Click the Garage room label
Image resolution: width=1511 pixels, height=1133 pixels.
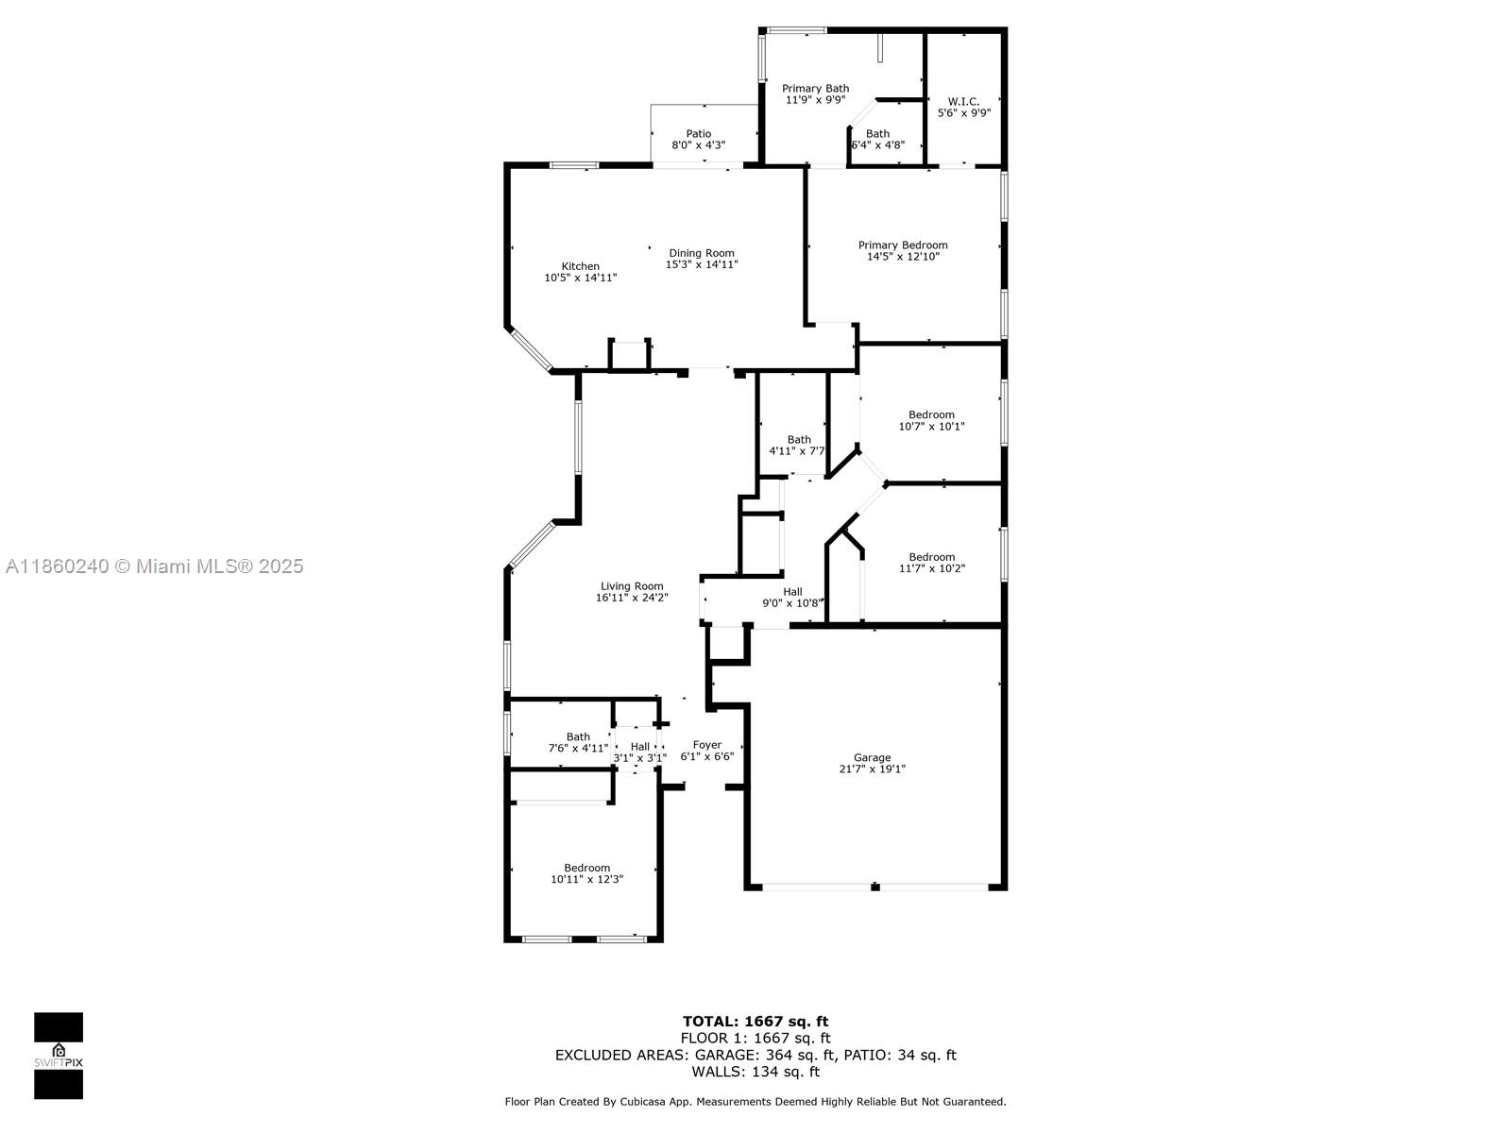point(872,757)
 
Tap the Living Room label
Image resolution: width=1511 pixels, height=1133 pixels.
point(631,586)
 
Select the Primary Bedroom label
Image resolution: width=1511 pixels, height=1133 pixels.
point(903,245)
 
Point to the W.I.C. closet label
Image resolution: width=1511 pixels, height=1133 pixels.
point(963,101)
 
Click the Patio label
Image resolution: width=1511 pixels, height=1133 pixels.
point(698,133)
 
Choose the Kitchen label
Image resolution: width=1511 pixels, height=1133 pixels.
point(580,266)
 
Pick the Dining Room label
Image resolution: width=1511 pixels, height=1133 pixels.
point(702,253)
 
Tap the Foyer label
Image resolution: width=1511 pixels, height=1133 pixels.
point(707,744)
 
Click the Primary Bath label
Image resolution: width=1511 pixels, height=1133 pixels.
point(815,88)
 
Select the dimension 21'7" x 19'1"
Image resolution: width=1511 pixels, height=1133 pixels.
point(872,769)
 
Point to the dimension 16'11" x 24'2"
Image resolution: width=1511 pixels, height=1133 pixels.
point(631,598)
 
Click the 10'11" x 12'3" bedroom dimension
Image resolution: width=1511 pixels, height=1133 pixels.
point(586,879)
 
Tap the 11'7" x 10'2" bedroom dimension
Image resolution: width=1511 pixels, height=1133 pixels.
point(931,568)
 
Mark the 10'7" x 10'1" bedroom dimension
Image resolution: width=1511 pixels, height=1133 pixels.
point(931,426)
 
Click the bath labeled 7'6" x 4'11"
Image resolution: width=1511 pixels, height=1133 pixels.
point(578,741)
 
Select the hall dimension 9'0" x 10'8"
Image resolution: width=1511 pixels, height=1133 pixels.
point(792,603)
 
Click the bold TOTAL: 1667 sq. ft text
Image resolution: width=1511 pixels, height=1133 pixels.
point(755,1021)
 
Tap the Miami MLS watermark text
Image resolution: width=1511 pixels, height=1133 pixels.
point(155,566)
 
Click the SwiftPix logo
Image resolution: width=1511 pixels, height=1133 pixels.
point(59,1056)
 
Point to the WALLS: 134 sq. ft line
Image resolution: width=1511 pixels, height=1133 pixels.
point(755,1071)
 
